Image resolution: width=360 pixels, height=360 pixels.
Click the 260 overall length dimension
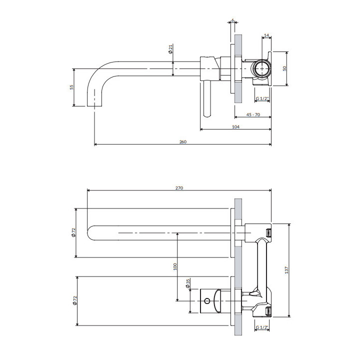coord(182,142)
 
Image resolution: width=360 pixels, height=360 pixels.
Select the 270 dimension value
coord(179,188)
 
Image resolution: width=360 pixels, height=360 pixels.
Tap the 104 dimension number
coord(236,127)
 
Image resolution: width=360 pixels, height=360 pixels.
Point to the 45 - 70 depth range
coord(253,114)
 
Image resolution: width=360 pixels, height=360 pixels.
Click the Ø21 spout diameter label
coord(170,49)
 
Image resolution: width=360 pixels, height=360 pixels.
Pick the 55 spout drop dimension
coord(71,87)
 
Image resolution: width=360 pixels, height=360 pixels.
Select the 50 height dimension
coord(284,68)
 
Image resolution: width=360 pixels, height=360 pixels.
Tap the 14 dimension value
coord(266,35)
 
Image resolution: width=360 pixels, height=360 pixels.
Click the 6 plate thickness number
coord(233,21)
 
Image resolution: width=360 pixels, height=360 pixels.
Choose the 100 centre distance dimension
coord(175,266)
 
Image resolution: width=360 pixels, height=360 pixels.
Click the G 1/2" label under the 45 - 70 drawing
coord(262,99)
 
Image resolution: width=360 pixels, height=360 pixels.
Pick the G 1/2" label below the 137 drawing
coord(262,327)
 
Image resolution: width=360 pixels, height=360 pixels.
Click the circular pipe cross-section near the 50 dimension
coord(261,68)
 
